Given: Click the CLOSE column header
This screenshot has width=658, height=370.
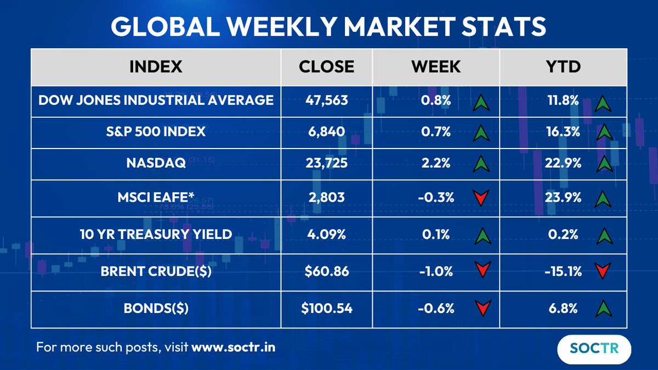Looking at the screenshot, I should click(x=326, y=66).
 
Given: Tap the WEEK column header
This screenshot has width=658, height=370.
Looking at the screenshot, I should click(x=436, y=66).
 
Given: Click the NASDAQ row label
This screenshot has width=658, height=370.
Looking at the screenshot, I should click(x=156, y=162).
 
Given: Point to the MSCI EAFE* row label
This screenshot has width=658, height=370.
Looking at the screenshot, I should click(x=156, y=198).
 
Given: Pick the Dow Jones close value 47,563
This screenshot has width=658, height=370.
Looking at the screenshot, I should click(x=326, y=100).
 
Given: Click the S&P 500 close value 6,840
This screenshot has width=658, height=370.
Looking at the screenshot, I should click(x=326, y=132).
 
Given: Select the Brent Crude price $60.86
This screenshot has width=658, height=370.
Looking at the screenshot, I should click(x=326, y=271).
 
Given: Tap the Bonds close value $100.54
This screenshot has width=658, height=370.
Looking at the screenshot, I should click(x=326, y=308).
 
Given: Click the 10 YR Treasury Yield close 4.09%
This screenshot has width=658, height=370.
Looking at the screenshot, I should click(x=326, y=235).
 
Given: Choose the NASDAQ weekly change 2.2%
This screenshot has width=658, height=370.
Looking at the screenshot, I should click(x=436, y=162).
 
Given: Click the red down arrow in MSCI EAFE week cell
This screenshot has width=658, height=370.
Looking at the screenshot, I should click(x=481, y=198).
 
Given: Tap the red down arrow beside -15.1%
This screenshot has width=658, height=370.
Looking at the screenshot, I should click(x=603, y=271).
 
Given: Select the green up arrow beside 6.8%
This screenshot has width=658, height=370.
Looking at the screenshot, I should click(x=603, y=308).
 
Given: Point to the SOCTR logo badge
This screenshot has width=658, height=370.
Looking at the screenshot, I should click(x=594, y=349).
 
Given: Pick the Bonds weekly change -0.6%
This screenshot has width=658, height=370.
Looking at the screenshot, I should click(x=436, y=308).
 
